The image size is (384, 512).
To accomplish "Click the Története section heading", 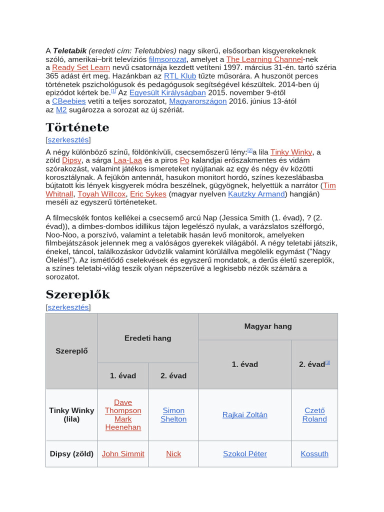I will click(77, 127).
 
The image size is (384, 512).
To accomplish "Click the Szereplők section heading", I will click(77, 294).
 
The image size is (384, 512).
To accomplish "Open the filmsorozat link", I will click(167, 59).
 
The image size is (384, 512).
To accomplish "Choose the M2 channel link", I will click(61, 109).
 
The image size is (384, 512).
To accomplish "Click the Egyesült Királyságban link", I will click(167, 92).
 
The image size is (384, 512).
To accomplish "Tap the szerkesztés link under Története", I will click(68, 140).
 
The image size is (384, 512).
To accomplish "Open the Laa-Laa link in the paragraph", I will click(127, 160).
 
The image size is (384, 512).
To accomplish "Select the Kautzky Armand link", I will click(256, 194).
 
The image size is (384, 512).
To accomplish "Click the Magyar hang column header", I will click(268, 326).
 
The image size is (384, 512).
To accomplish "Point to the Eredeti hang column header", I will click(148, 338).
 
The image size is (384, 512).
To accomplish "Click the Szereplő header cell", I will click(71, 351).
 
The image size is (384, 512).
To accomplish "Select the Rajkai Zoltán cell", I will click(245, 415).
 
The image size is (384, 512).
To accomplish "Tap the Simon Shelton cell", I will click(173, 415).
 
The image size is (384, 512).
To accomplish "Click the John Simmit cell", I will click(123, 454).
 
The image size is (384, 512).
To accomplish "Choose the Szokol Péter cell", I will click(245, 454).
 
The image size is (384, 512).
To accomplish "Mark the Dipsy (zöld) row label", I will click(71, 454).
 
